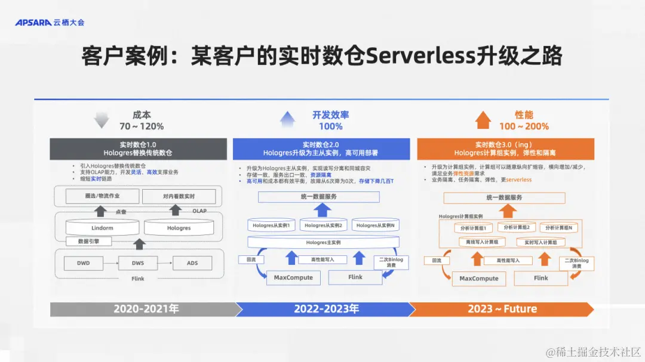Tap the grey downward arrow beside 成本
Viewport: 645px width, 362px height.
click(102, 120)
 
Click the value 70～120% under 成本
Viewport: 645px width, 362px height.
click(142, 126)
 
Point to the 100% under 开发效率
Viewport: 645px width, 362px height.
click(330, 126)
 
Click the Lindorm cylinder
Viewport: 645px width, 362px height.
click(102, 228)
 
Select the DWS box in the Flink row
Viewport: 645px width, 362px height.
click(139, 263)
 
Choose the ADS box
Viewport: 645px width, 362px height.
click(192, 263)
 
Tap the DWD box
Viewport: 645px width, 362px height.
click(83, 263)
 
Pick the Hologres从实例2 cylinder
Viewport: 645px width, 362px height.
click(323, 225)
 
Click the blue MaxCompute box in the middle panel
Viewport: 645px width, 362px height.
click(294, 277)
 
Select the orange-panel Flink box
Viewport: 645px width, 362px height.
click(541, 278)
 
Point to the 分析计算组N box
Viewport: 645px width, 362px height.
click(559, 228)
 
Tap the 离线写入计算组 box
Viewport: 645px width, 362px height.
click(482, 242)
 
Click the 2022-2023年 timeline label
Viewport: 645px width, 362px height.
click(326, 309)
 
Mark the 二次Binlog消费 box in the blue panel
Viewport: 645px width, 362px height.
click(391, 263)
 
